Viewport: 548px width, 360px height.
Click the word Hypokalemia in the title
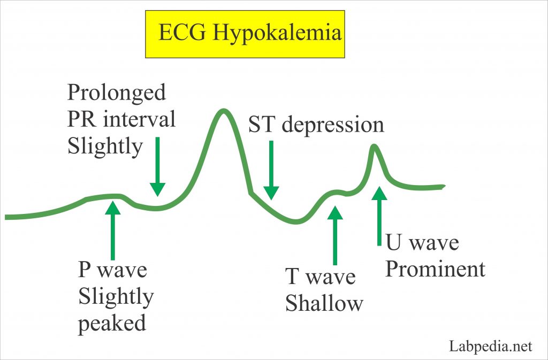point(277,34)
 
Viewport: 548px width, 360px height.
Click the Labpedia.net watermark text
point(490,346)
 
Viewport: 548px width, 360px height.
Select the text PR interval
point(121,119)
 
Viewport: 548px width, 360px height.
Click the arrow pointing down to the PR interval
point(157,166)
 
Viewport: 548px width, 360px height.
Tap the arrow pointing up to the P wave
point(112,231)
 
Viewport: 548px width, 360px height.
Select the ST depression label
point(316,125)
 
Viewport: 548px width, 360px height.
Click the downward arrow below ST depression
point(271,170)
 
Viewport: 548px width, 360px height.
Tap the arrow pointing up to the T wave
point(335,235)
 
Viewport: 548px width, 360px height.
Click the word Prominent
point(435,269)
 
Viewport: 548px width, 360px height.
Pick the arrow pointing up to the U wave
point(379,216)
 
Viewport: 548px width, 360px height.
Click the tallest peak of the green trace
point(223,111)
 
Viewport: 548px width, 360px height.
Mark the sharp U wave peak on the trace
point(374,147)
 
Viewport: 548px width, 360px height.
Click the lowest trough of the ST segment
point(296,221)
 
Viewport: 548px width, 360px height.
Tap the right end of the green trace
point(444,187)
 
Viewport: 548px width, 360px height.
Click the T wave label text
point(320,276)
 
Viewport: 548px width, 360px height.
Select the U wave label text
point(422,243)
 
